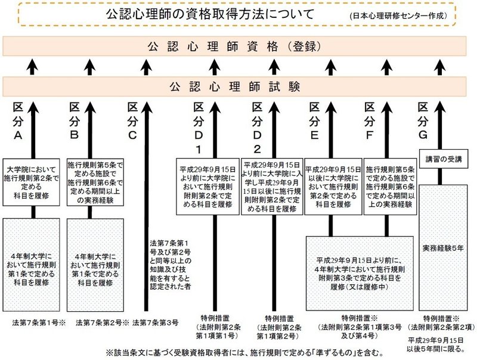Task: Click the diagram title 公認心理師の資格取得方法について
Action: (x=210, y=14)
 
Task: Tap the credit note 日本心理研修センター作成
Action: (x=399, y=16)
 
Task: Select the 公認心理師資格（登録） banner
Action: (x=234, y=46)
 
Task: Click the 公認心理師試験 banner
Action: (x=234, y=86)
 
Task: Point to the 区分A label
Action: (x=18, y=121)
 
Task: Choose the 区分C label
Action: (x=132, y=121)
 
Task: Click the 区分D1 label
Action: (x=199, y=128)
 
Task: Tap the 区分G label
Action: (x=423, y=121)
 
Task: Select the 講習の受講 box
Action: (x=444, y=159)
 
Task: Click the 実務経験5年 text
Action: (x=443, y=248)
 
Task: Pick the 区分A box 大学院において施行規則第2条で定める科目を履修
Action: (x=32, y=182)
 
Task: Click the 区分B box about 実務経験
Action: (x=95, y=182)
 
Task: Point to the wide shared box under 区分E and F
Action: (x=360, y=274)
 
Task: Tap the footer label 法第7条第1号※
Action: (x=39, y=322)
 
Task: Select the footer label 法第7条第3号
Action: (x=156, y=322)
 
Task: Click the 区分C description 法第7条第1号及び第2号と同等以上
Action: (x=171, y=265)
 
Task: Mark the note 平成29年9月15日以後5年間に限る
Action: (x=436, y=345)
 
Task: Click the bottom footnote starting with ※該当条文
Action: (x=244, y=353)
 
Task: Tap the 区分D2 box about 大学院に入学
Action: (x=272, y=187)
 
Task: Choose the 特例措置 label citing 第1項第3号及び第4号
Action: (x=360, y=327)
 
